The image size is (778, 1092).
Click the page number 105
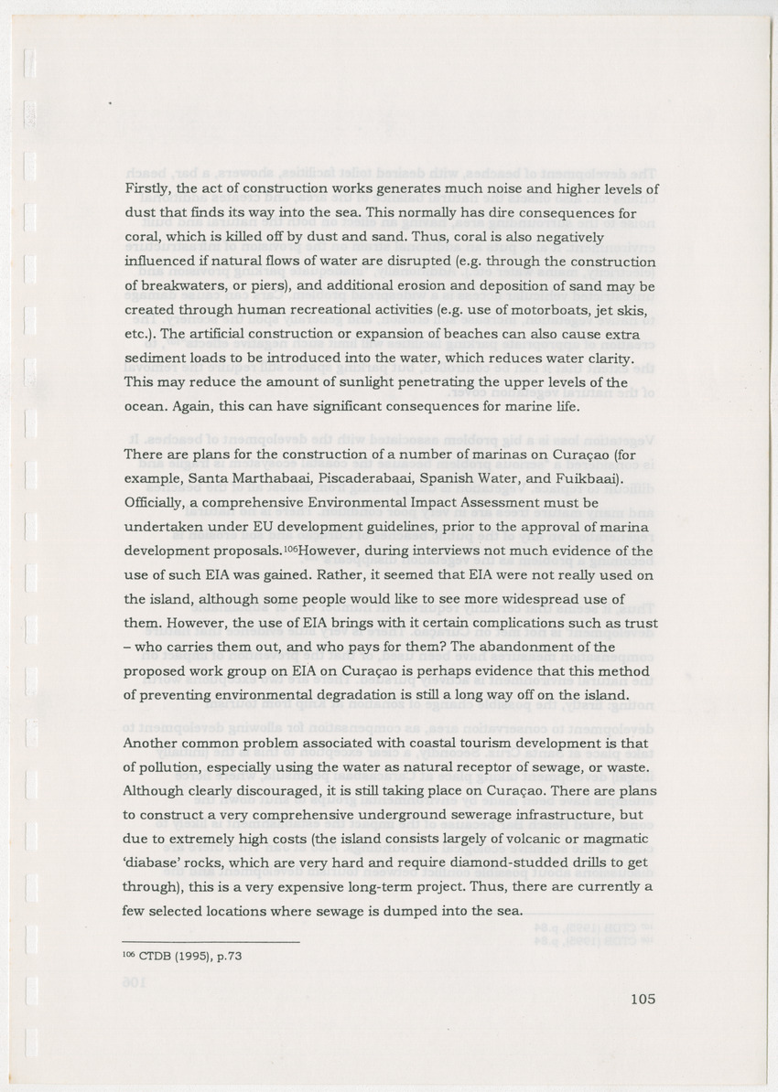(643, 999)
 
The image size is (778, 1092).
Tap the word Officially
(156, 502)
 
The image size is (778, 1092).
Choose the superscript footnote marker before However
(289, 550)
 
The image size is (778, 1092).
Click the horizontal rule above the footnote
(211, 941)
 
